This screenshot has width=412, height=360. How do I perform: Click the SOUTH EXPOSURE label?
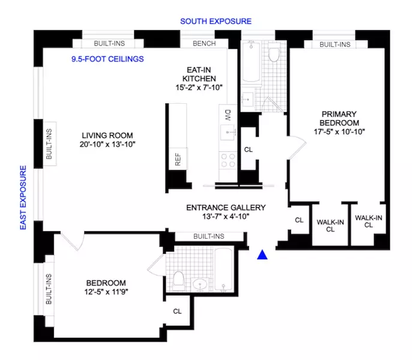pos(216,21)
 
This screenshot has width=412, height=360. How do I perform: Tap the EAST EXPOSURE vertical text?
pos(23,198)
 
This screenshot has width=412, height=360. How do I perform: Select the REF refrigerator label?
pos(177,158)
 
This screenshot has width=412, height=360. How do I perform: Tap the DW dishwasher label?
pos(228,115)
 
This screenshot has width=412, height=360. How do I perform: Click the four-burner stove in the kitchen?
pos(228,160)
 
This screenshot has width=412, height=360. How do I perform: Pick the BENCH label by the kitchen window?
pos(203,43)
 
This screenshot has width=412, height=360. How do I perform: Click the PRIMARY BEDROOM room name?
pos(339,118)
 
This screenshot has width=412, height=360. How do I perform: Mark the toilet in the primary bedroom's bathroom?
pos(274,55)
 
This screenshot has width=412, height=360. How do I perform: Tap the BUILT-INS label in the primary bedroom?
pos(335,44)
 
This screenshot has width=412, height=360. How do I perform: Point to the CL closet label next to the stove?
pos(248,150)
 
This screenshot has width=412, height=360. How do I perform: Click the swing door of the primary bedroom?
pos(295,145)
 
